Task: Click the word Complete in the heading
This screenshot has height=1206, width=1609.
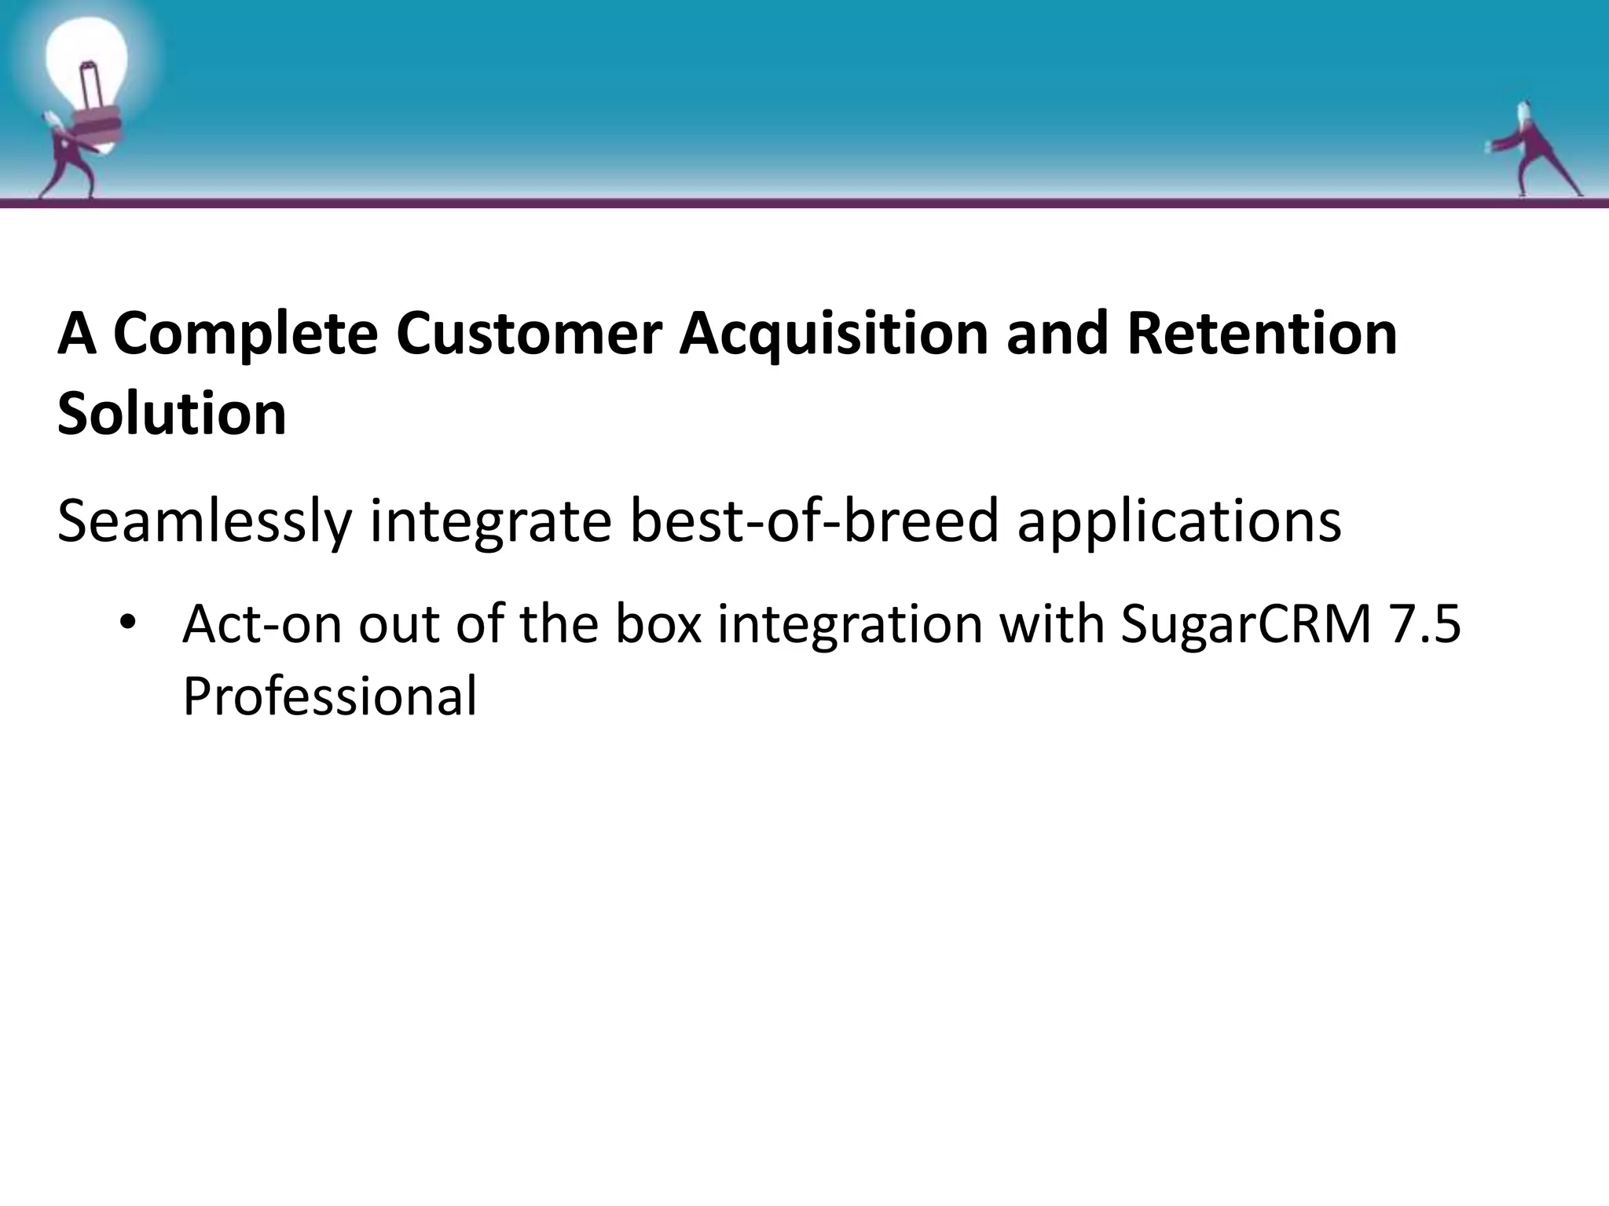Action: pyautogui.click(x=245, y=334)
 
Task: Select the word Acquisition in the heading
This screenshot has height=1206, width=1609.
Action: pyautogui.click(x=833, y=334)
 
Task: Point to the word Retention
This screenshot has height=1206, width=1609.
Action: pyautogui.click(x=1262, y=334)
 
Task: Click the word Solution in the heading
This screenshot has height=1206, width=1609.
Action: pyautogui.click(x=171, y=415)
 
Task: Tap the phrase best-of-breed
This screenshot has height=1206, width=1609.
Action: pyautogui.click(x=814, y=523)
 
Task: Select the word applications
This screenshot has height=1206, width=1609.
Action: pyautogui.click(x=1178, y=523)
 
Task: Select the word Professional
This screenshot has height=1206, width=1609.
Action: pyautogui.click(x=329, y=697)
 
